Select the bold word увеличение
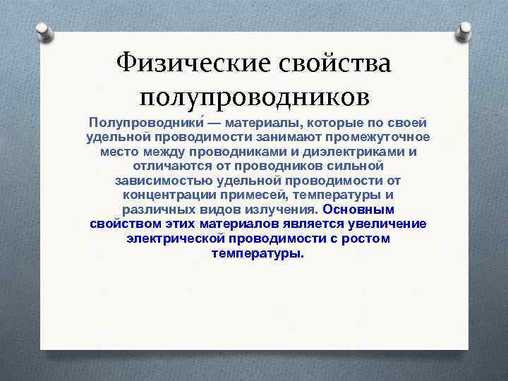pos(387,224)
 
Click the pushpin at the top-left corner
pos(43,30)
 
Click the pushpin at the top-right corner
pos(466,30)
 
